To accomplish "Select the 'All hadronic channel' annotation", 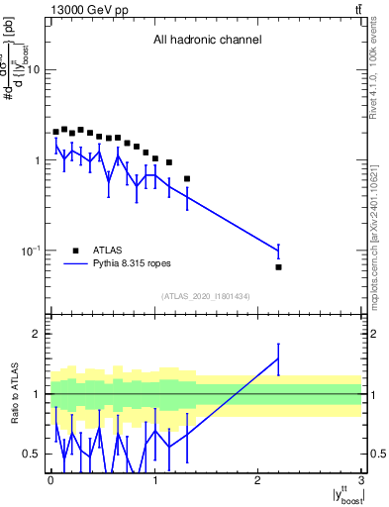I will coord(207,41).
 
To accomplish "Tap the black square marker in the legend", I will coord(75,251).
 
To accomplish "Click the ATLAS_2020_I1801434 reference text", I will coord(207,296).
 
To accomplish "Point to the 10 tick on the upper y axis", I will coord(33,69).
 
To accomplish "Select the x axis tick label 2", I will coord(258,482).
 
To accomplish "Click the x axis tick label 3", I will coord(362,482).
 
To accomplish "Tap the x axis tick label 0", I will coord(50,482).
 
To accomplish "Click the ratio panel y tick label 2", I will coord(38,334).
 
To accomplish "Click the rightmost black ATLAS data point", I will coord(279,267).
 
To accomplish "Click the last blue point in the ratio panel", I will coord(279,358).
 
